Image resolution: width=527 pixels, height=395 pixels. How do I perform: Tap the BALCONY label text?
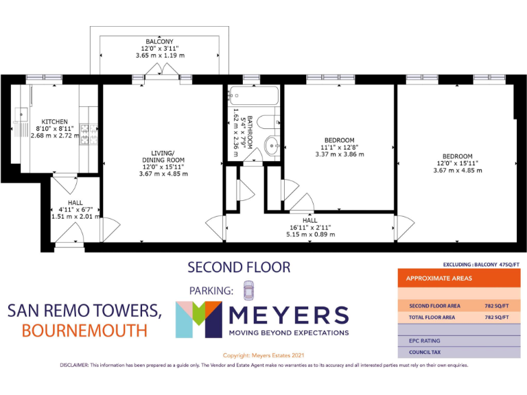(159, 41)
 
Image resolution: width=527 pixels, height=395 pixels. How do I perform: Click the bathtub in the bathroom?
(251, 95)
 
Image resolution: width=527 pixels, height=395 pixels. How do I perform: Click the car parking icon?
(248, 290)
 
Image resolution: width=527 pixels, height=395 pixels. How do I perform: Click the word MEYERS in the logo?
(288, 315)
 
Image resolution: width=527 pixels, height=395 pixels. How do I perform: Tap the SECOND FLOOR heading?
(239, 267)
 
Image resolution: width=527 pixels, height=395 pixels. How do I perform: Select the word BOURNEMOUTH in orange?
(84, 331)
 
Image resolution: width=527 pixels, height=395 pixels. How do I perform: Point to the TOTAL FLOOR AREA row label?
(434, 318)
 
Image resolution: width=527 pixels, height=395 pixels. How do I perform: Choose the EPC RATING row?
(425, 340)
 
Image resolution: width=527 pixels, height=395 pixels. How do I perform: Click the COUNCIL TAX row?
(425, 352)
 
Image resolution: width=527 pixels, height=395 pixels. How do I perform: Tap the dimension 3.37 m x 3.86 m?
(339, 154)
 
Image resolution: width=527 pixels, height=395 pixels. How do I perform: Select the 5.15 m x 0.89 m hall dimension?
(310, 234)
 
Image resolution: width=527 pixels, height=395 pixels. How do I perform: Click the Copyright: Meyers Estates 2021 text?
(264, 355)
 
